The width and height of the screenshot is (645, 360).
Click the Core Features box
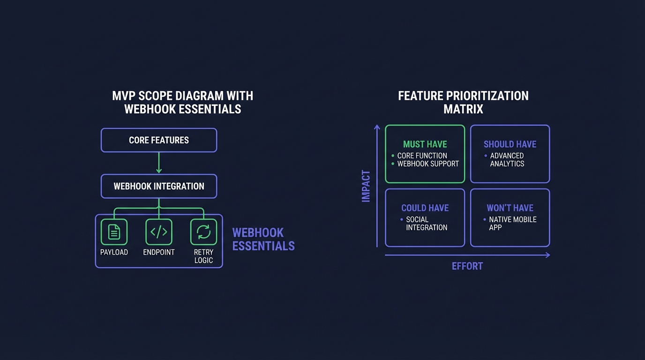pyautogui.click(x=159, y=140)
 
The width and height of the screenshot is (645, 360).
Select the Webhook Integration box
pyautogui.click(x=159, y=186)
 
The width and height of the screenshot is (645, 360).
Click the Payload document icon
pyautogui.click(x=114, y=232)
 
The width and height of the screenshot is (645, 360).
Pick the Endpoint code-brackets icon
pyautogui.click(x=159, y=232)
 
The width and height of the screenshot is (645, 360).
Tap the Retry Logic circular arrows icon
pyautogui.click(x=203, y=232)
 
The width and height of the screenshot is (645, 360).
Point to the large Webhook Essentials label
pyautogui.click(x=263, y=239)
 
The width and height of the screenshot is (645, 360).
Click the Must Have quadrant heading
pyautogui.click(x=425, y=144)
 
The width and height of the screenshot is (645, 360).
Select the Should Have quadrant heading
pyautogui.click(x=510, y=144)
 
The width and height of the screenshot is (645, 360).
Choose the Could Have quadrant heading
pyautogui.click(x=425, y=208)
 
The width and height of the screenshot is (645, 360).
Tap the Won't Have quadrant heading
pyautogui.click(x=510, y=208)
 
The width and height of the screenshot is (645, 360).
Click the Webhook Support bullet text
pyautogui.click(x=428, y=164)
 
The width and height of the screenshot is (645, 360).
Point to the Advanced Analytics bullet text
pyautogui.click(x=507, y=160)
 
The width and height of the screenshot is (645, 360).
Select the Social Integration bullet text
pyautogui.click(x=427, y=224)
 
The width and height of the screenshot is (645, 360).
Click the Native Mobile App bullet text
pyautogui.click(x=512, y=224)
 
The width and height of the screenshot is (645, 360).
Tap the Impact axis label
pyautogui.click(x=366, y=186)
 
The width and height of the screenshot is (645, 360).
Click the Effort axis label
pyautogui.click(x=467, y=266)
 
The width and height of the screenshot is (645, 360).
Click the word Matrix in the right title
pyautogui.click(x=463, y=109)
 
